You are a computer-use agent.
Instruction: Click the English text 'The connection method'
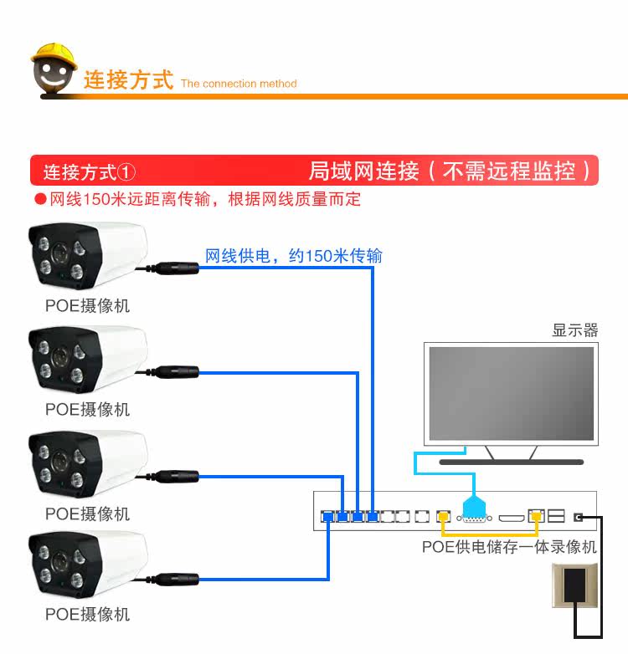point(239,84)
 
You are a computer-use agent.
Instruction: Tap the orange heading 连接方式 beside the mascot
point(128,81)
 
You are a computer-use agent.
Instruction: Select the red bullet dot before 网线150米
point(39,200)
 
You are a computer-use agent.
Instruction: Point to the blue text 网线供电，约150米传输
point(294,256)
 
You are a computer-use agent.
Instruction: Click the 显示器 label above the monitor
point(575,330)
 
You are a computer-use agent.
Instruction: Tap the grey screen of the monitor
point(511,393)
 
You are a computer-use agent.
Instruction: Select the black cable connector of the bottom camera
point(178,577)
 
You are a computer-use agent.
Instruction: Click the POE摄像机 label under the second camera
point(88,410)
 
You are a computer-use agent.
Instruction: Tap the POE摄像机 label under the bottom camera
point(88,615)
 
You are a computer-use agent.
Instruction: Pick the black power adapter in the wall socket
point(575,585)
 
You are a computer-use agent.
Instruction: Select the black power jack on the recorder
point(579,518)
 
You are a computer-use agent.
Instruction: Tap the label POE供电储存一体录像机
point(509,547)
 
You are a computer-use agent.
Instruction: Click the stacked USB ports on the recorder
point(557,516)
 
